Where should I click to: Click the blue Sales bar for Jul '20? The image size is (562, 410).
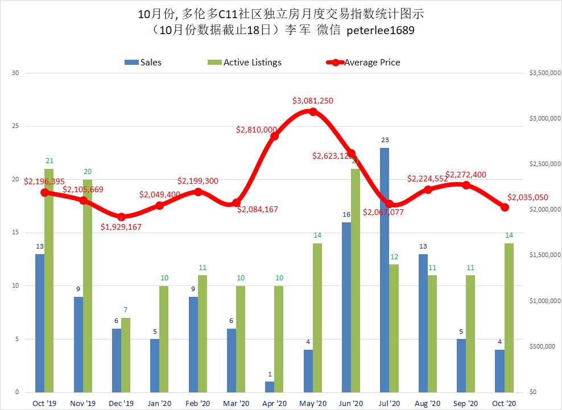click(385, 270)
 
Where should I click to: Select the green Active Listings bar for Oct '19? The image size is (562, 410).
click(49, 280)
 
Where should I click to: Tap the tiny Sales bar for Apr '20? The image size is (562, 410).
click(270, 387)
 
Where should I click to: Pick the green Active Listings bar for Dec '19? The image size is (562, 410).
click(126, 355)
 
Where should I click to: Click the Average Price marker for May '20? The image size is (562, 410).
click(313, 112)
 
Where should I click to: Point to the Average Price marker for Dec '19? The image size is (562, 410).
click(121, 217)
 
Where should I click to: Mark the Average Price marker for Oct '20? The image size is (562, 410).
click(505, 207)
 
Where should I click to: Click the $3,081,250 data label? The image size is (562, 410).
click(313, 101)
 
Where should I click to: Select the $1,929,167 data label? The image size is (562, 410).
click(121, 227)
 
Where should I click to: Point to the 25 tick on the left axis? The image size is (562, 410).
click(15, 126)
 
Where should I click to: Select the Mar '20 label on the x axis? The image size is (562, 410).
click(236, 403)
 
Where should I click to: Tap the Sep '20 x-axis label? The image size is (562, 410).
click(466, 403)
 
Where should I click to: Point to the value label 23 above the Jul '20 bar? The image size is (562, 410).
click(385, 140)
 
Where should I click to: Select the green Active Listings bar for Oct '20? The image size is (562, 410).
click(509, 318)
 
